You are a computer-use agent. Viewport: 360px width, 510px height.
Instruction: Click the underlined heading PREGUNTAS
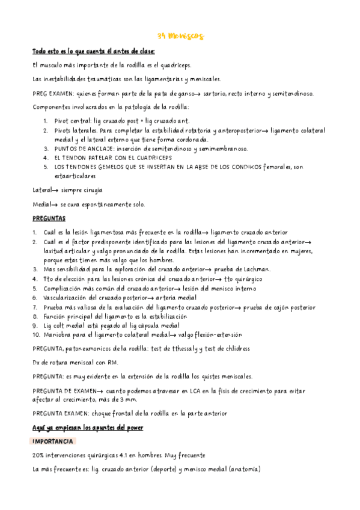click(49, 218)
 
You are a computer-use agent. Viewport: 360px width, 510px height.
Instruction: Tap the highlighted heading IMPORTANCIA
click(54, 441)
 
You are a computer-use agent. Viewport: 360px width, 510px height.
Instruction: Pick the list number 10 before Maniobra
click(36, 334)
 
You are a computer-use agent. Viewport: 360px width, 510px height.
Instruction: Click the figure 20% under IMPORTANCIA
click(40, 455)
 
